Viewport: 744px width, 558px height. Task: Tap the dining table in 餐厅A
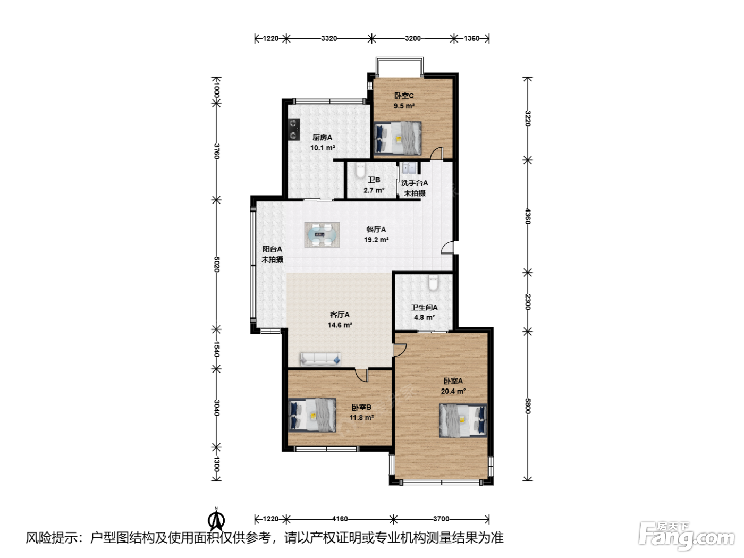click(322, 234)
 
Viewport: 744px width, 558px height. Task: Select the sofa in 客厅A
click(320, 359)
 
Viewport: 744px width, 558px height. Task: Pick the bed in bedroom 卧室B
click(312, 415)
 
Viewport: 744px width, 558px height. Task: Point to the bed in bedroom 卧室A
click(463, 420)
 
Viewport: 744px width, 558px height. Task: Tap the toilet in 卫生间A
click(433, 283)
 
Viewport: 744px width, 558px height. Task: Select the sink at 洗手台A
click(409, 168)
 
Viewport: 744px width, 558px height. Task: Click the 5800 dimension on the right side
click(527, 405)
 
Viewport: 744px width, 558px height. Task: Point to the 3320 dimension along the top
click(329, 38)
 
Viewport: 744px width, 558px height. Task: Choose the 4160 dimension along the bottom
click(340, 519)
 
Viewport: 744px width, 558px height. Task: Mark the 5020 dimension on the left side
click(217, 264)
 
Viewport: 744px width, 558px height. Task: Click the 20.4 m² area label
click(453, 391)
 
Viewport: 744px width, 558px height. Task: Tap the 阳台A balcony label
click(272, 249)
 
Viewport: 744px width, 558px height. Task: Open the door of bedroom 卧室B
click(362, 375)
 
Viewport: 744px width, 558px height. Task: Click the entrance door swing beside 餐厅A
click(447, 247)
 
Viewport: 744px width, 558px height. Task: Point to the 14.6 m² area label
click(340, 325)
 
